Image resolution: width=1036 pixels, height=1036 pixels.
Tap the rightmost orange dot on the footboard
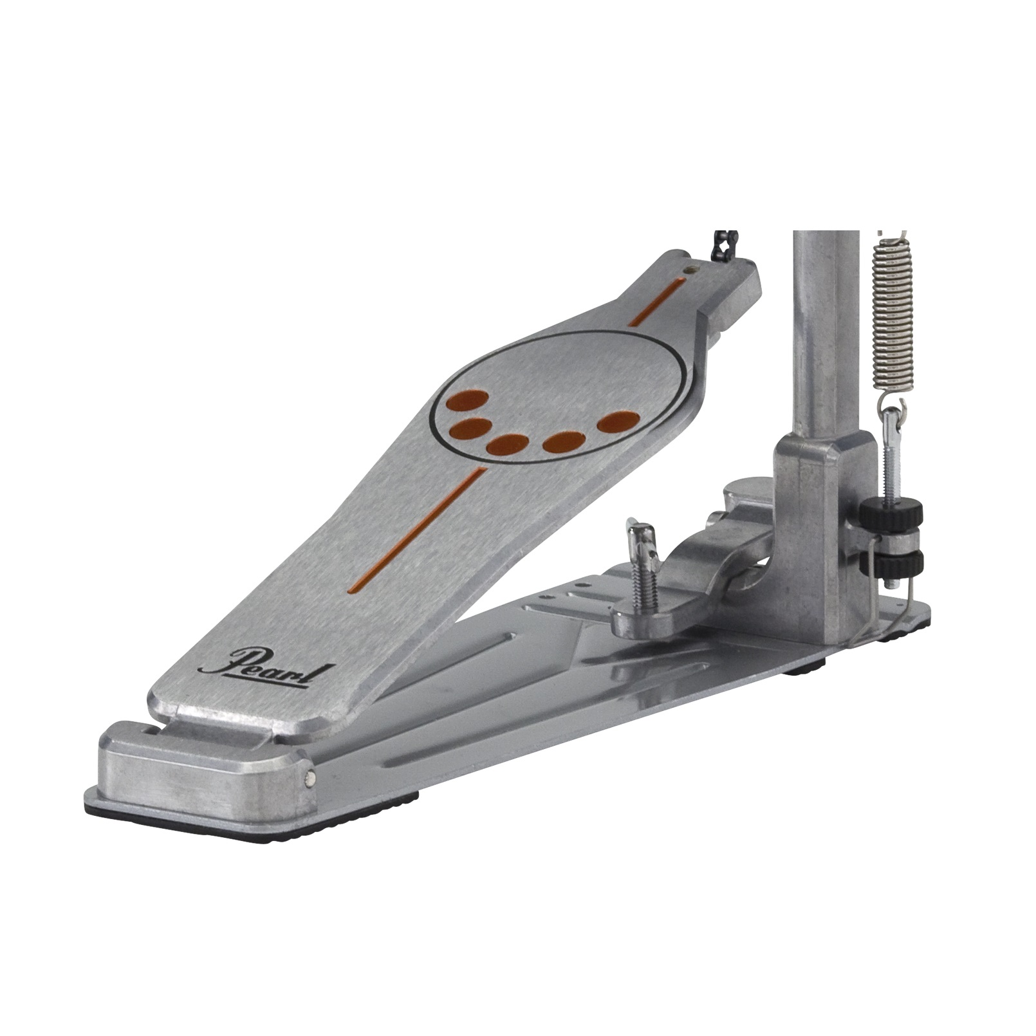pos(618,422)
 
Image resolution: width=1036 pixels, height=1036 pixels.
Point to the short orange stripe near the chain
pos(655,302)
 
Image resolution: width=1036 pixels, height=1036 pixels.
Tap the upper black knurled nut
pos(890,513)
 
